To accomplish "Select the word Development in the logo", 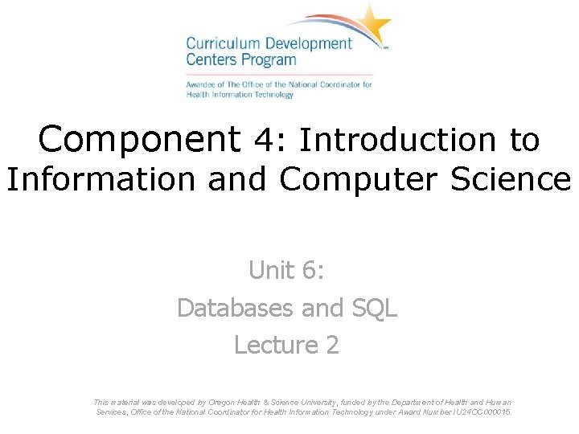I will click(309, 44).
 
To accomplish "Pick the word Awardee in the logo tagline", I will click(200, 84).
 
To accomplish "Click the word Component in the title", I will click(138, 139).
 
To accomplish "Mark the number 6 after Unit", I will click(313, 271).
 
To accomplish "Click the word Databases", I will click(236, 308).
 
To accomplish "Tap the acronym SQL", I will click(374, 308).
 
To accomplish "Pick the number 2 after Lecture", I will click(332, 345).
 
